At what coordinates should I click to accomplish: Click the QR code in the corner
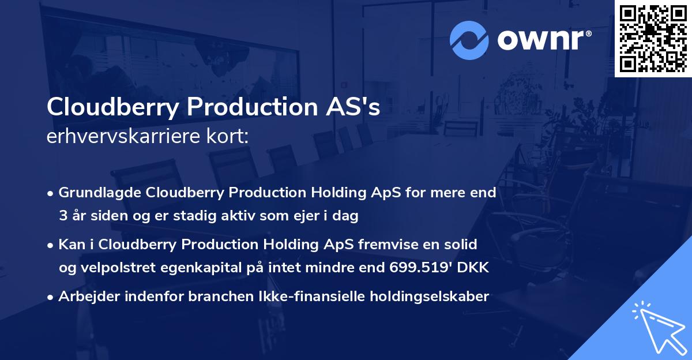(653, 38)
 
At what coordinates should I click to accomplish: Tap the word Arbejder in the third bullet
(86, 297)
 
